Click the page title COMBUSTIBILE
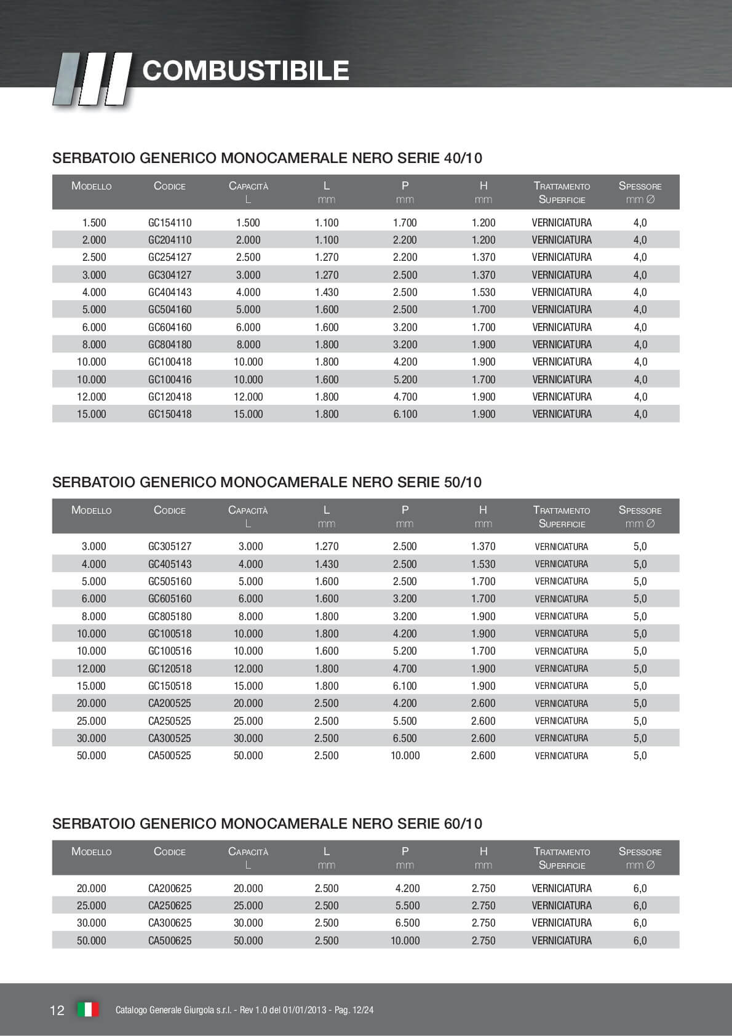(245, 71)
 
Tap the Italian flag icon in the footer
(88, 1010)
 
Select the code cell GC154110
(170, 223)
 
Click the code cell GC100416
(170, 380)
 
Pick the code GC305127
(170, 546)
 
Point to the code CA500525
(170, 755)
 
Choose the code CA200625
(170, 888)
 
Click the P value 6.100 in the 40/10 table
(405, 414)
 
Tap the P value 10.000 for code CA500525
(405, 755)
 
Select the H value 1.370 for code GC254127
(483, 257)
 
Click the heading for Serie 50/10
(267, 482)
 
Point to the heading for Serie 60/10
(267, 824)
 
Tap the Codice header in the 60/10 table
(170, 851)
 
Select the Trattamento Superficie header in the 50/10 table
(562, 517)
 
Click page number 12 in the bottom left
(57, 1010)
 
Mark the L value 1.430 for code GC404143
(327, 292)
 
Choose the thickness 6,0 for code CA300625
(640, 923)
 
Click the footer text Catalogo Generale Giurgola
(244, 1010)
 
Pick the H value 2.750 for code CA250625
(483, 906)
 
